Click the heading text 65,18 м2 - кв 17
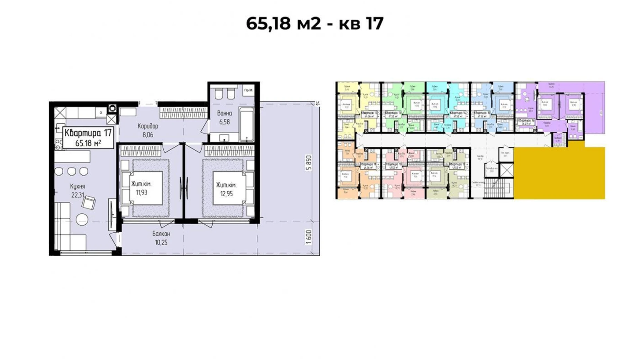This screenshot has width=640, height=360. (314, 24)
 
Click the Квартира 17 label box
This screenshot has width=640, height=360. (89, 138)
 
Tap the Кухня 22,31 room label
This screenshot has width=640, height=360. (78, 191)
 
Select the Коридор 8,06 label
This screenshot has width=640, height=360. (148, 130)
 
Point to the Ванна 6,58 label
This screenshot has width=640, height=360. (225, 118)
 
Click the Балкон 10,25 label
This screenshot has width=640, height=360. (161, 238)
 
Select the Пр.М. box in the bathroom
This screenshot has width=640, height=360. (248, 90)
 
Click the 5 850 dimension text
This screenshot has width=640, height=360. (309, 163)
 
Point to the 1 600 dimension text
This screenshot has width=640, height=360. (309, 237)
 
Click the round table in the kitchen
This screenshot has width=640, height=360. (82, 219)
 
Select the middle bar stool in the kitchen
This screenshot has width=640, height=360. (72, 171)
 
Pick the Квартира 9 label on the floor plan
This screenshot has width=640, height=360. (457, 165)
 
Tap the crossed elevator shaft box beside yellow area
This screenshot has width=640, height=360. (506, 170)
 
